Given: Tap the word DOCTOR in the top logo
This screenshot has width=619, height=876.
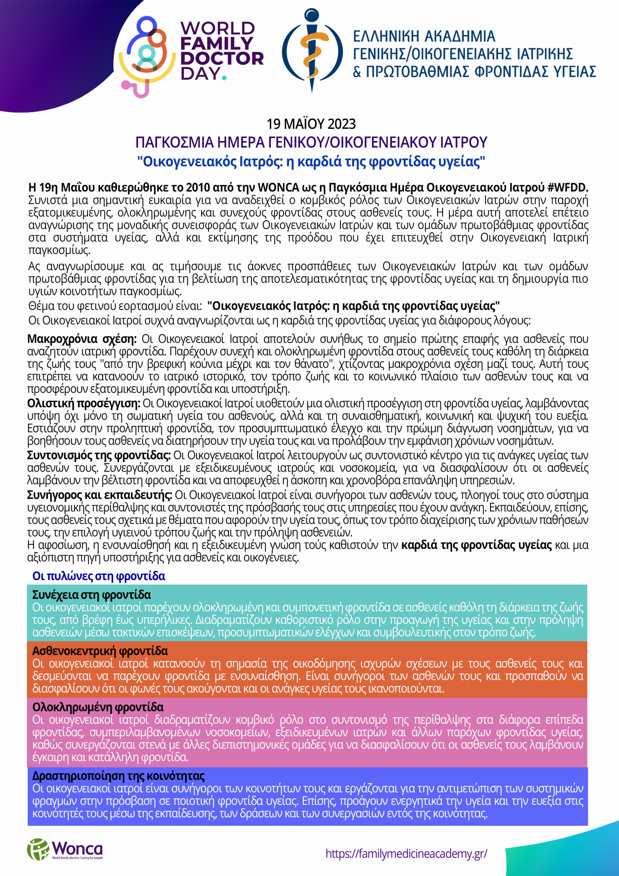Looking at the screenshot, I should click(222, 59).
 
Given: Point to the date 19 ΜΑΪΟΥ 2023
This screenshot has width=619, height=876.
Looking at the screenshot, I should click(311, 124).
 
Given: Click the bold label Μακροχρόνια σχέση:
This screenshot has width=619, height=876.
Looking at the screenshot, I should click(82, 339).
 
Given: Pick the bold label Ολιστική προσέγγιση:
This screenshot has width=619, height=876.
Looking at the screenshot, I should click(84, 403).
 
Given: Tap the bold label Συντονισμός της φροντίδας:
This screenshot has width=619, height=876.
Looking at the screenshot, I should click(99, 455).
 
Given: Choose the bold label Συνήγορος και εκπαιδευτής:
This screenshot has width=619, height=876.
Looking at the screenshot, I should click(100, 495).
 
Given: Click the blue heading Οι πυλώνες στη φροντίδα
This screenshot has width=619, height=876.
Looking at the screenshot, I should click(99, 576).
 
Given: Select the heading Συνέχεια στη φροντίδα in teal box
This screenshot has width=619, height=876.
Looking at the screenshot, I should click(92, 595).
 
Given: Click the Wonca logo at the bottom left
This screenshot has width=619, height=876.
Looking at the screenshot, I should click(65, 849).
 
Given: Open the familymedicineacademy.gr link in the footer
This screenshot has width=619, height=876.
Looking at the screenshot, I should click(406, 853).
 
